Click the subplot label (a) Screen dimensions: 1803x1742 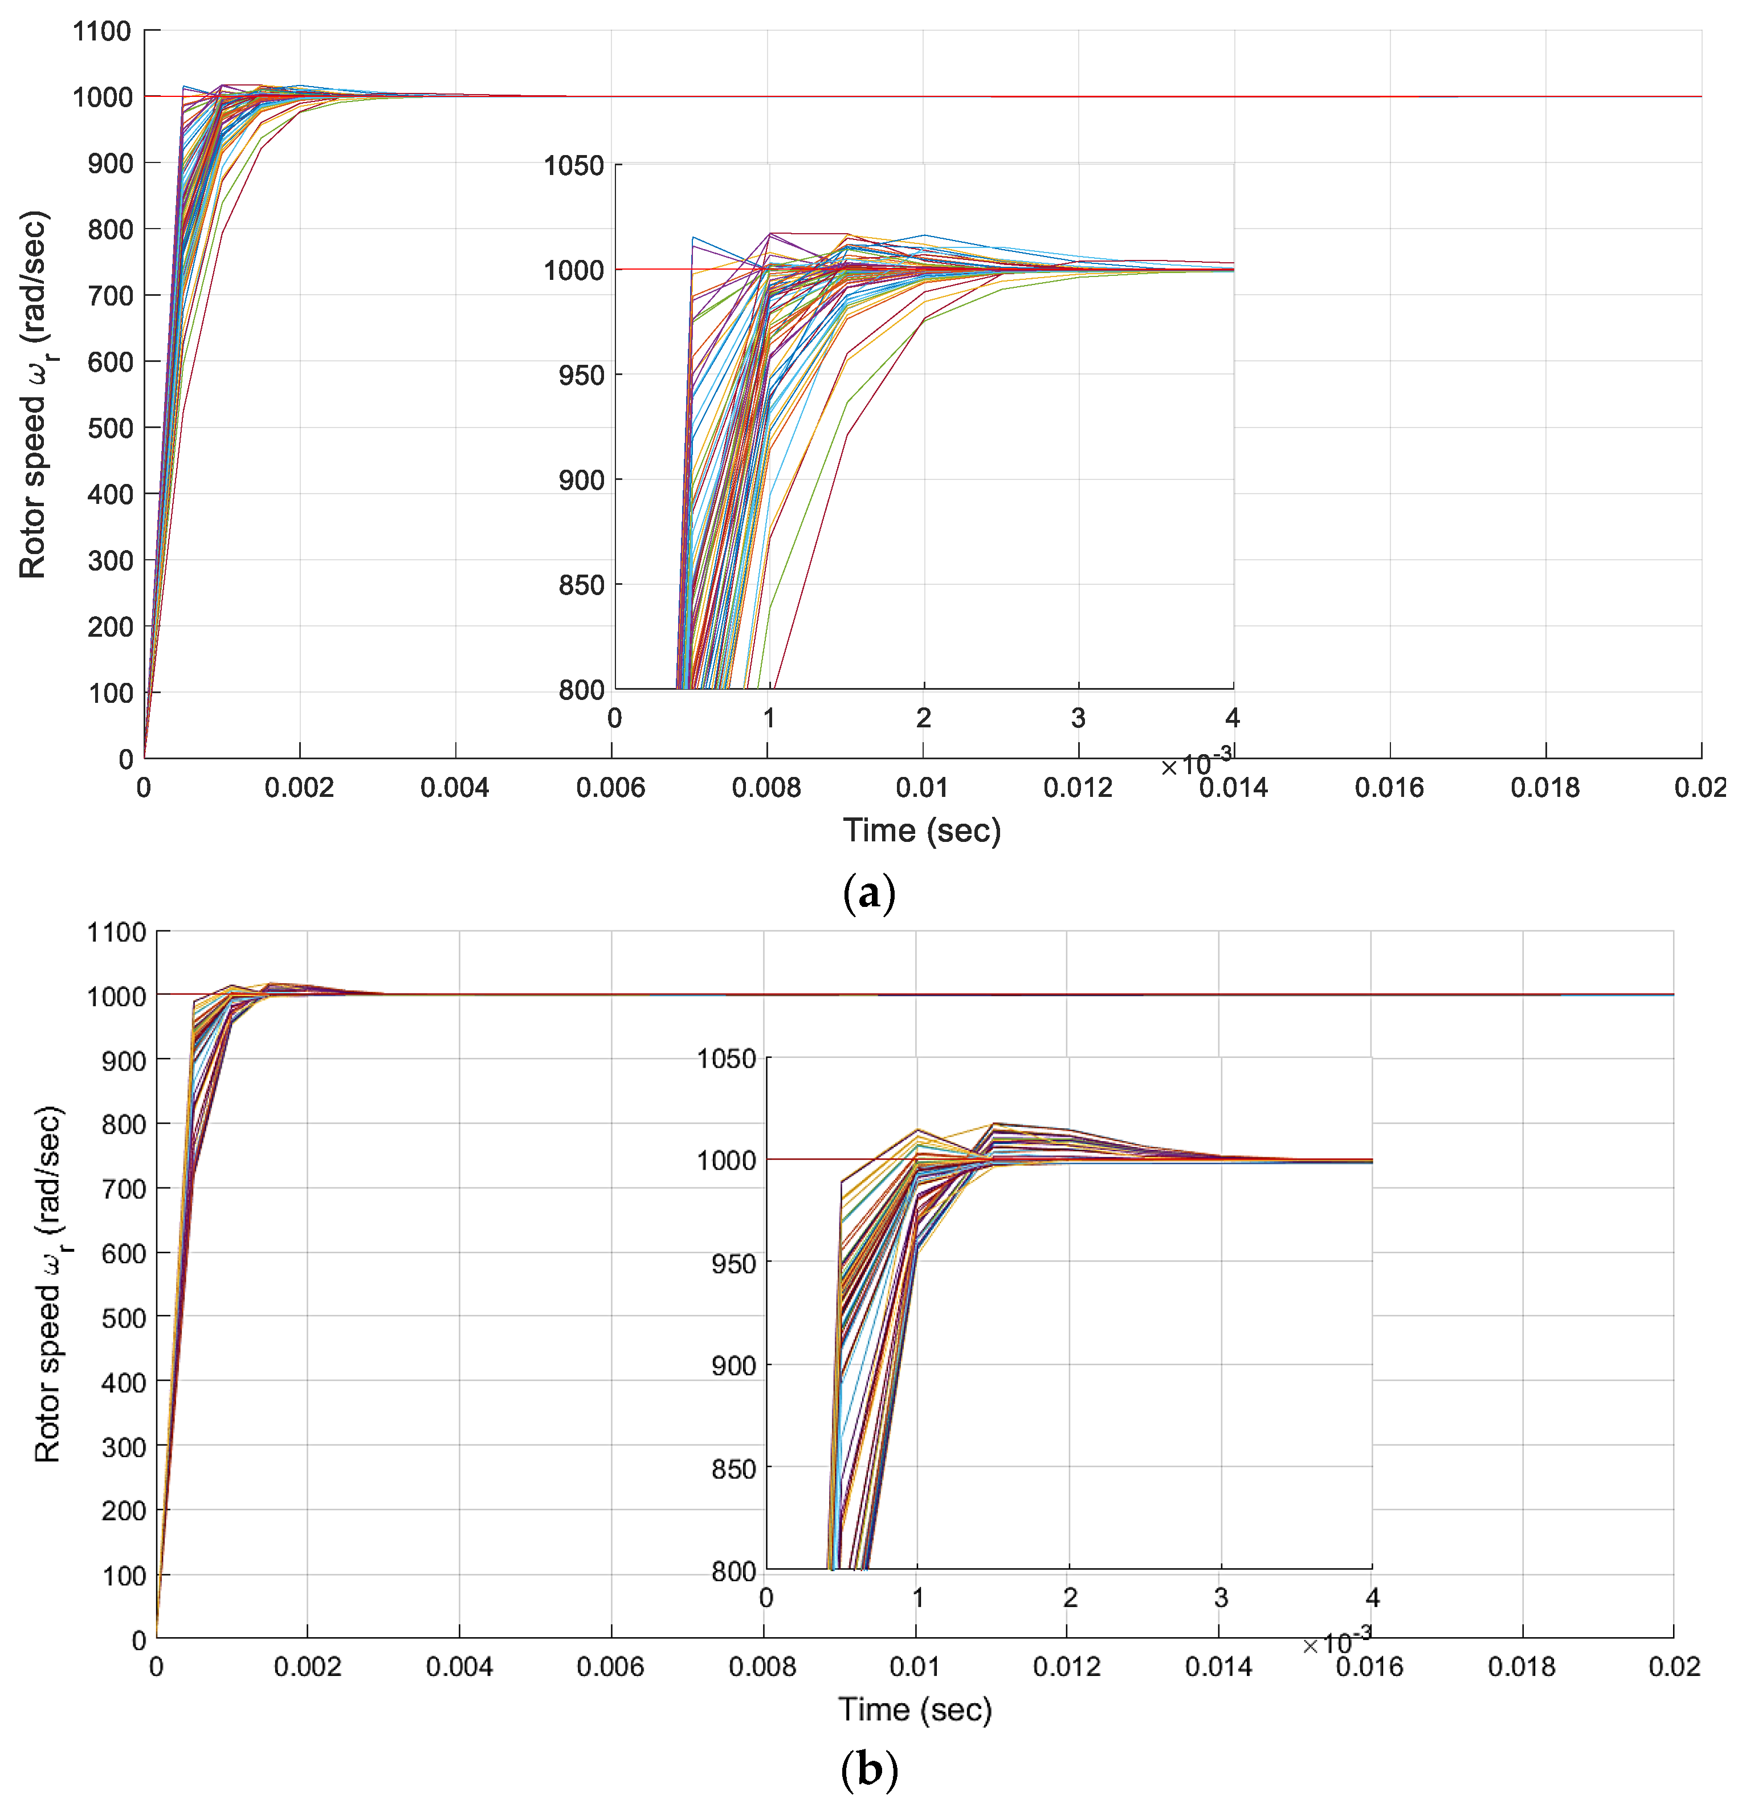tap(868, 893)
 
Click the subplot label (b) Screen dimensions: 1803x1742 tap(868, 1768)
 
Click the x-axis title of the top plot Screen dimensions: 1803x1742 tap(921, 831)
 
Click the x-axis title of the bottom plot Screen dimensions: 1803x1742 tap(915, 1709)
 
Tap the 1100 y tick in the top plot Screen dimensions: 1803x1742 tap(102, 31)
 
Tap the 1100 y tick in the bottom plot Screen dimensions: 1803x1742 tap(116, 932)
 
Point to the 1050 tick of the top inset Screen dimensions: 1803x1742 tap(574, 165)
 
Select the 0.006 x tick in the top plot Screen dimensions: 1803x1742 tap(611, 787)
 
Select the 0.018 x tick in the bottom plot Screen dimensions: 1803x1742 tap(1522, 1667)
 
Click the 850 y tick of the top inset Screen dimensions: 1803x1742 tap(581, 585)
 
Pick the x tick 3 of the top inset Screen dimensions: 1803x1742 tap(1078, 718)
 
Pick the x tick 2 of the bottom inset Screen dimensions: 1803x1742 tap(1070, 1598)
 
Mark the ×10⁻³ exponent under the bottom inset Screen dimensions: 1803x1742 tap(1336, 1642)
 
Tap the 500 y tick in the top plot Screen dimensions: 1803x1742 tap(109, 428)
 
